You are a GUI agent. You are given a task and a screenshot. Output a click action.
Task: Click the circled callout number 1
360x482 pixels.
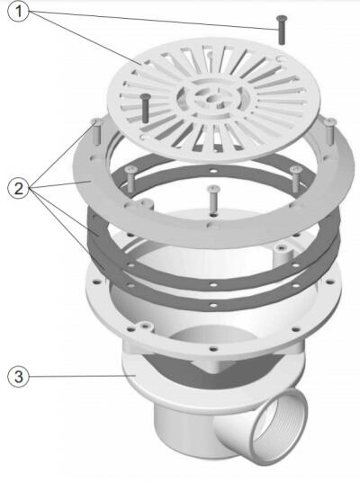pyautogui.click(x=19, y=12)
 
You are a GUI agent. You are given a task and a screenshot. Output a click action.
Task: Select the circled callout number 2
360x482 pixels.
pyautogui.click(x=19, y=188)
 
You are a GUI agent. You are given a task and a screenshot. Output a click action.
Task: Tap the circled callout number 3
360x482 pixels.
pyautogui.click(x=19, y=376)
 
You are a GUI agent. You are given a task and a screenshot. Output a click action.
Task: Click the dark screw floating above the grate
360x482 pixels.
pyautogui.click(x=281, y=30)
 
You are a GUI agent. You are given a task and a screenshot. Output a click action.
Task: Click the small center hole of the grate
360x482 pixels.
pyautogui.click(x=212, y=99)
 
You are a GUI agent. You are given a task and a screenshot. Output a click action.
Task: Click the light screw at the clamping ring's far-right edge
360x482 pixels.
pyautogui.click(x=329, y=131)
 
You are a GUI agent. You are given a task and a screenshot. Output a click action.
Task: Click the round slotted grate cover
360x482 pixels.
pyautogui.click(x=213, y=100)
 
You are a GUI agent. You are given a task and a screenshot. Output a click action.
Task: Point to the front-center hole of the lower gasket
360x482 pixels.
pyautogui.click(x=213, y=305)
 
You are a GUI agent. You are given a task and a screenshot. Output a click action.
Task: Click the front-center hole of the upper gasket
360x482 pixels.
pyautogui.click(x=213, y=285)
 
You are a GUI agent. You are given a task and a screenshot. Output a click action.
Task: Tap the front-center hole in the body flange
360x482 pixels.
pyautogui.click(x=213, y=349)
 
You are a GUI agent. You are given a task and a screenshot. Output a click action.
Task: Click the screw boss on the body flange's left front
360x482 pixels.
pyautogui.click(x=144, y=326)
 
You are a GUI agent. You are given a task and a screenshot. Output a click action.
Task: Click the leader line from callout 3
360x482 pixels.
pyautogui.click(x=83, y=376)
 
